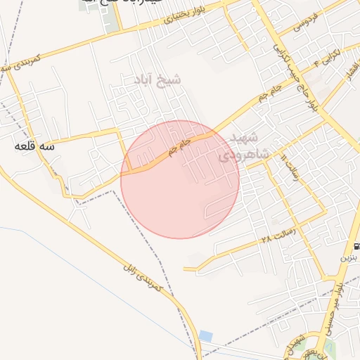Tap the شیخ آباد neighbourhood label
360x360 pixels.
click(153, 80)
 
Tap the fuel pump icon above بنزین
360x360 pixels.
click(357, 247)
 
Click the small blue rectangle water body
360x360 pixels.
click(205, 336)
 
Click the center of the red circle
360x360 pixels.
click(180, 179)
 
